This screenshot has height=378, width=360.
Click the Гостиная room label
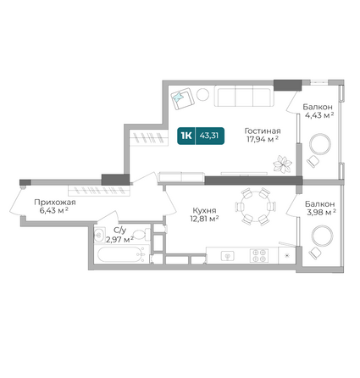(x=263, y=131)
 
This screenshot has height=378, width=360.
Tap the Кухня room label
(x=204, y=210)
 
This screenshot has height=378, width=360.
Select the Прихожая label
(x=55, y=203)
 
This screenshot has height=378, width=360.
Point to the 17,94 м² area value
(x=263, y=139)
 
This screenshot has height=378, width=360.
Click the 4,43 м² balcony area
(x=319, y=115)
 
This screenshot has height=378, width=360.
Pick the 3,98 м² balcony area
(x=321, y=212)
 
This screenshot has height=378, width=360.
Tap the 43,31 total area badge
(x=209, y=136)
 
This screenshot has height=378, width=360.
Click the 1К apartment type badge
(x=186, y=136)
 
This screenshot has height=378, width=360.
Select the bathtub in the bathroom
(x=121, y=254)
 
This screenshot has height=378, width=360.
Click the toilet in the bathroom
(x=140, y=235)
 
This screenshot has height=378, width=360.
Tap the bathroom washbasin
(x=99, y=234)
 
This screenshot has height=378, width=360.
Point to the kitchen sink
(x=229, y=256)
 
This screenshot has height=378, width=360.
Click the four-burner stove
(x=259, y=255)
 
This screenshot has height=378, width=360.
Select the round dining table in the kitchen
(x=255, y=206)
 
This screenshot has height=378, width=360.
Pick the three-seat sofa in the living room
(x=244, y=96)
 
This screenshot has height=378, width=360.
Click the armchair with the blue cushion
(x=183, y=99)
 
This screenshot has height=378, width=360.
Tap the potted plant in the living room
(x=282, y=164)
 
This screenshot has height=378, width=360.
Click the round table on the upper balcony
(x=320, y=144)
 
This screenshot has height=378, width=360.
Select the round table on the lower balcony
(x=323, y=236)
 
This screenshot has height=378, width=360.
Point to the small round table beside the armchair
(x=202, y=95)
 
